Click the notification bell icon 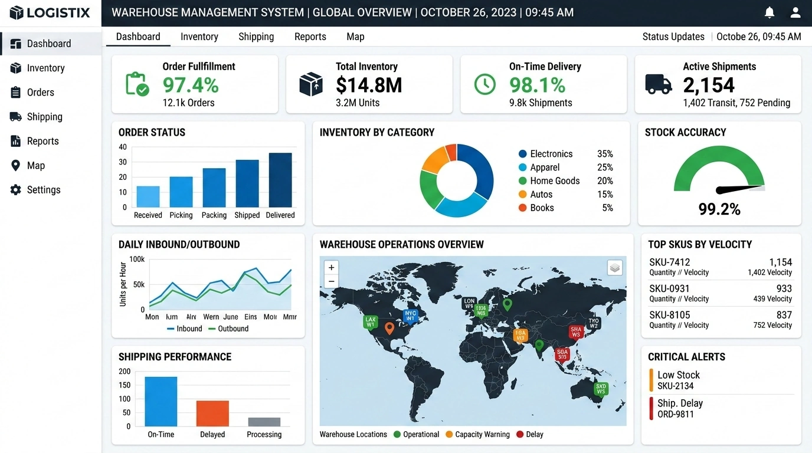770,12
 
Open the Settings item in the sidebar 43,190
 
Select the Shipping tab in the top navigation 256,37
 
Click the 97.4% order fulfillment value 191,85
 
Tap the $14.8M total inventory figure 369,85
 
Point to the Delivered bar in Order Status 280,180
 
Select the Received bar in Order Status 148,196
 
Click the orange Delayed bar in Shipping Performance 212,413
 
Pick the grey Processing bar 264,422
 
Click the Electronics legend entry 551,154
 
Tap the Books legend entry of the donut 541,208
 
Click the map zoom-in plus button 332,268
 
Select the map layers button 615,268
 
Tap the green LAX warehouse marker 370,322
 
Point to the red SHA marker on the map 576,331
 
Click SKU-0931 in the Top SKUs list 669,288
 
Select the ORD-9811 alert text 676,414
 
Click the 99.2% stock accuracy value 719,209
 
